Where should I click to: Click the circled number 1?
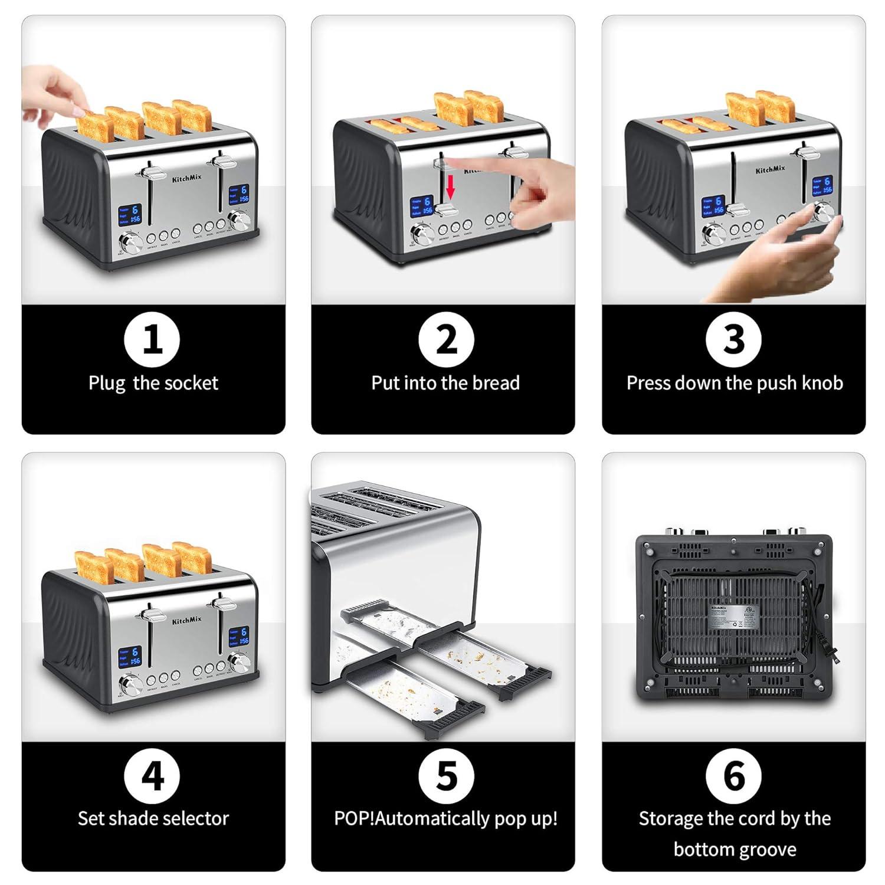tap(153, 340)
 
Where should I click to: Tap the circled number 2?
tap(446, 340)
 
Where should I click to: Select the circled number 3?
tap(733, 340)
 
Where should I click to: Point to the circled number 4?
tap(153, 775)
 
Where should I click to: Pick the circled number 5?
tap(446, 775)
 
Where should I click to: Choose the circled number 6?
tap(733, 775)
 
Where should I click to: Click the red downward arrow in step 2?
tap(451, 189)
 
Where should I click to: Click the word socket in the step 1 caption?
tap(192, 383)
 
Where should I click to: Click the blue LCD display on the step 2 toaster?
tap(422, 206)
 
